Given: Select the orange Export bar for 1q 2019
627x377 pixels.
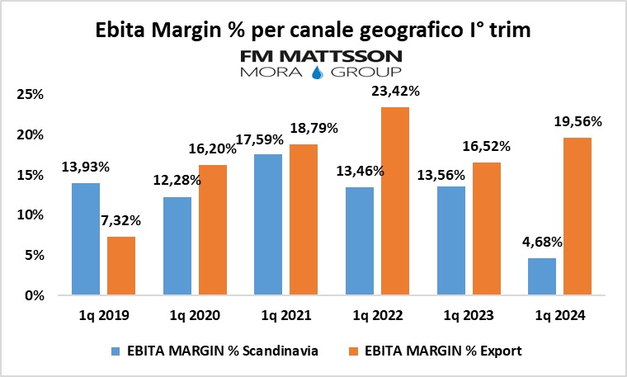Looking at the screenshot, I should (121, 266).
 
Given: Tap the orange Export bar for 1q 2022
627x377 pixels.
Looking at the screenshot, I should (395, 201).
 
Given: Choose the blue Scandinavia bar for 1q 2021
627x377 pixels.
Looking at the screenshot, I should (268, 224).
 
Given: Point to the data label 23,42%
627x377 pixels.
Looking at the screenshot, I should (395, 92).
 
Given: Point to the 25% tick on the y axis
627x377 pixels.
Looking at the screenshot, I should (31, 94).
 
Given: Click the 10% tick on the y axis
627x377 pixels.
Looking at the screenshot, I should (31, 214).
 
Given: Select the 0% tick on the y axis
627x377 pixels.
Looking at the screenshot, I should (34, 295).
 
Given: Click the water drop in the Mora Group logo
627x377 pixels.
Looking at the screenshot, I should (316, 73).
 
